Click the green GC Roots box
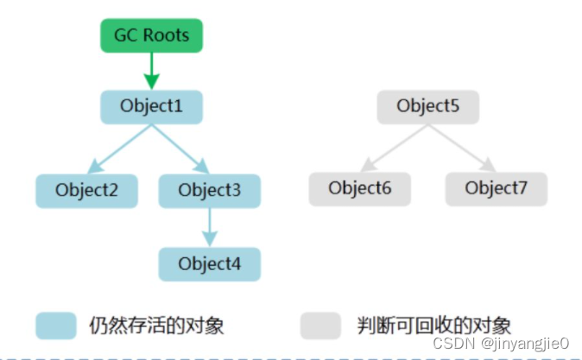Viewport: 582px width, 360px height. click(x=151, y=35)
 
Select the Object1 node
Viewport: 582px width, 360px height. click(x=151, y=108)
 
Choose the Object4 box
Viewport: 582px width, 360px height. click(x=208, y=262)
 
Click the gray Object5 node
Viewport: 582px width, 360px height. click(x=427, y=107)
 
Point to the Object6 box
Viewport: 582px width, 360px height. click(x=360, y=189)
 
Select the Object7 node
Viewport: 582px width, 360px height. click(x=496, y=189)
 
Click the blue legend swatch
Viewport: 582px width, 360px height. click(x=57, y=325)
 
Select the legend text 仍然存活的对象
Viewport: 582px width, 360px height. click(x=156, y=325)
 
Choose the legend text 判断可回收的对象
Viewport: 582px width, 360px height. click(x=433, y=325)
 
